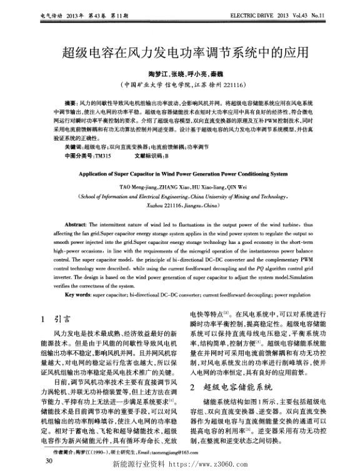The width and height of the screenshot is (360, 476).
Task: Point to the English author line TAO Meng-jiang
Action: pos(180,186)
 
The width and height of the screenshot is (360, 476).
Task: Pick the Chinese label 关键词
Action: pos(64,145)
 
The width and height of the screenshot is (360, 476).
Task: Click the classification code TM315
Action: pos(101,153)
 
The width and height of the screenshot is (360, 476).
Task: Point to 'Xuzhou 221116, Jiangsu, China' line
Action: pos(180,205)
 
